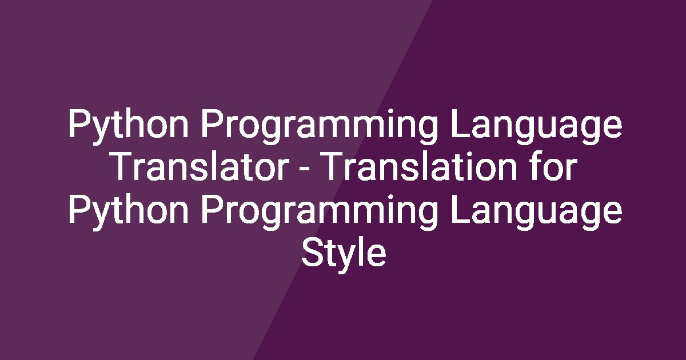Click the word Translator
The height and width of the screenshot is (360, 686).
(x=201, y=166)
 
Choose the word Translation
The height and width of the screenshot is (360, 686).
(x=419, y=166)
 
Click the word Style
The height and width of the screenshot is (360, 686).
(x=344, y=255)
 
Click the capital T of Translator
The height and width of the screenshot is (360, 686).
(x=123, y=166)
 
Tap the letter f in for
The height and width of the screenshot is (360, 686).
(x=536, y=166)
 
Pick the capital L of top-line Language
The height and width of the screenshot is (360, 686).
(x=460, y=124)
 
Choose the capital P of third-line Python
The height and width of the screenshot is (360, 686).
(x=79, y=209)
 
